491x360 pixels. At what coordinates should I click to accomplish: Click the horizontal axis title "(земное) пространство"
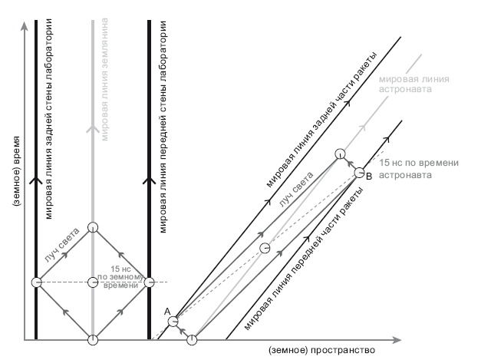tap(321, 350)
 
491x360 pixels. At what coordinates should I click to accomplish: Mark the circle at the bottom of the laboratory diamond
tap(93, 340)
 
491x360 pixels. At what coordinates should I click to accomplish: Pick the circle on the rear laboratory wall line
tap(36, 282)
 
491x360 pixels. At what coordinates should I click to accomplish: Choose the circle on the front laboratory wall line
tap(150, 282)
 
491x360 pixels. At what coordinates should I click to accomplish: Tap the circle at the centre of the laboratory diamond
tap(93, 282)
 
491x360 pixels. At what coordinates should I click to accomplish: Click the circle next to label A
tap(174, 321)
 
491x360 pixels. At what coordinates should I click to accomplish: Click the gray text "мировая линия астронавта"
tap(417, 84)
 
